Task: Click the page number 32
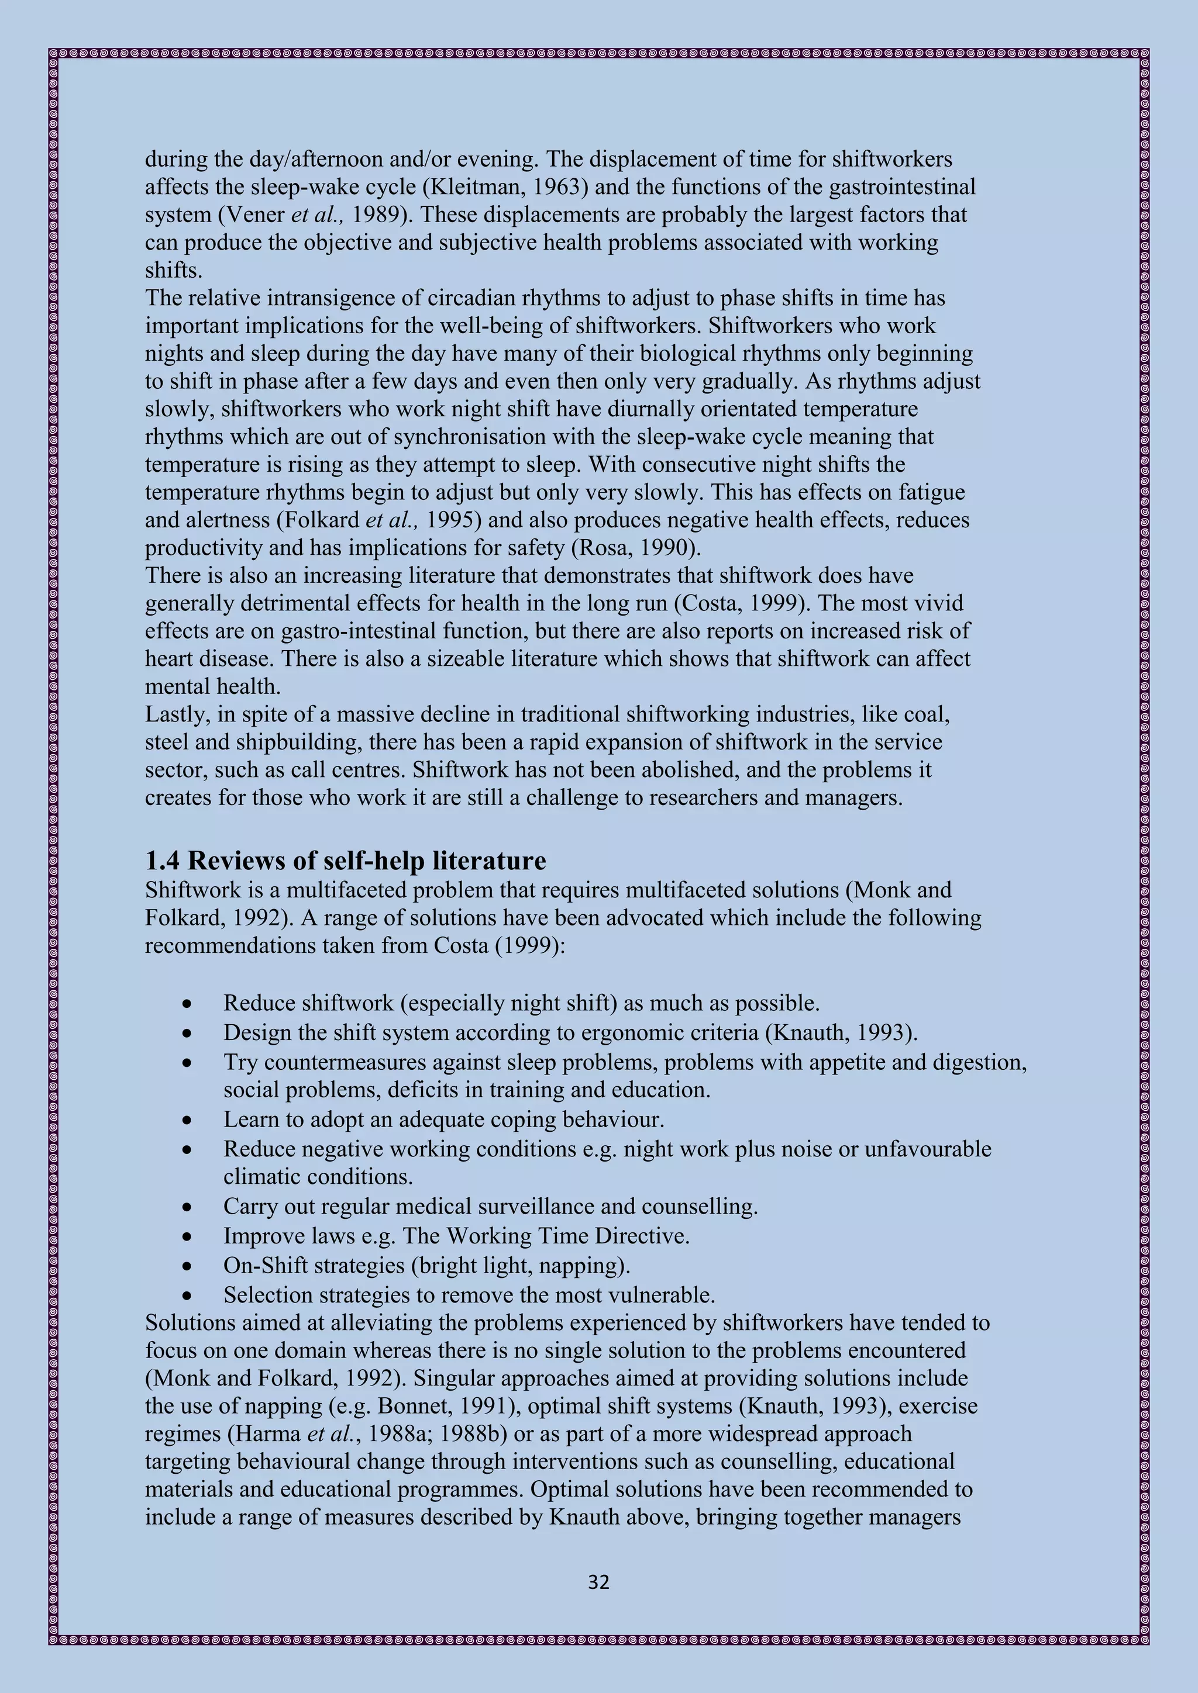[598, 1583]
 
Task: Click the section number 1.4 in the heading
[161, 861]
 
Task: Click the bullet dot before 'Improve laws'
[188, 1236]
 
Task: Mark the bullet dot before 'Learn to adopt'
[188, 1120]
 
